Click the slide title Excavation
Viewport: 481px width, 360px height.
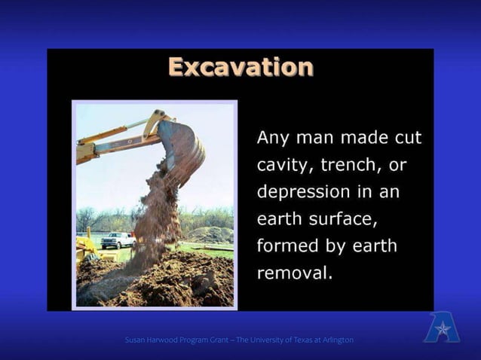(x=240, y=67)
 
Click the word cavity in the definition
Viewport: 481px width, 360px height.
(x=281, y=164)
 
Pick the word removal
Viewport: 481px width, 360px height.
(x=293, y=273)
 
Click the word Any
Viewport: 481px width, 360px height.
(x=273, y=138)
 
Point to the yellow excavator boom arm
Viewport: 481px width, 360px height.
(x=113, y=139)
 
